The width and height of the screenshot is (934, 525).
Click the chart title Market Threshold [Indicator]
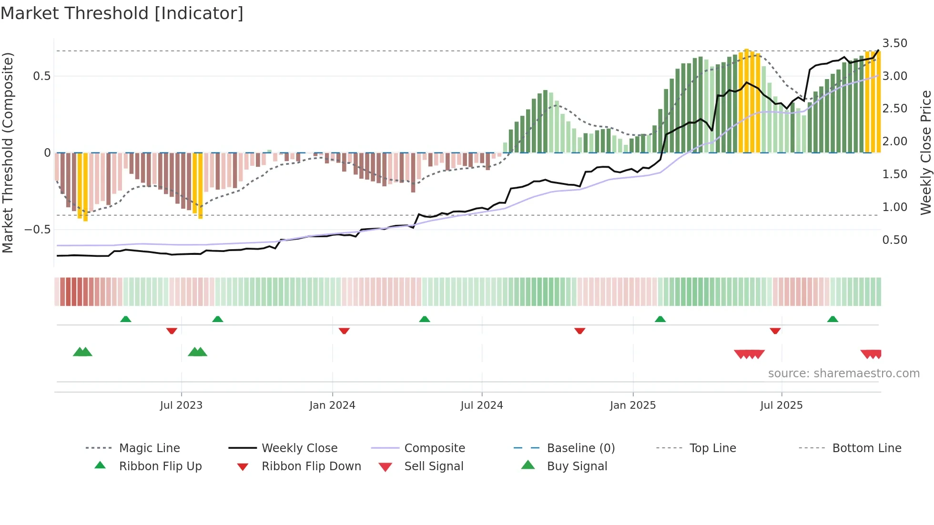[122, 13]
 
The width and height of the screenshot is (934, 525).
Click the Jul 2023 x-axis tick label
[181, 405]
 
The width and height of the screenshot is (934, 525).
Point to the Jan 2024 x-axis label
[332, 405]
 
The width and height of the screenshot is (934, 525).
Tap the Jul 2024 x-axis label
[481, 405]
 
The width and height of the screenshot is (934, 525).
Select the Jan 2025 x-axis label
[632, 405]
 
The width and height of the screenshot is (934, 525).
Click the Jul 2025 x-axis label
[781, 405]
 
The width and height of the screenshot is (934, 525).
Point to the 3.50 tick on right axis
[894, 43]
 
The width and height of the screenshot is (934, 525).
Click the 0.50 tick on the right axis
[894, 240]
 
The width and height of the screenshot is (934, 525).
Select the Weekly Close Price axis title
[925, 152]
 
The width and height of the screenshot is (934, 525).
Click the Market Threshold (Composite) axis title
[8, 152]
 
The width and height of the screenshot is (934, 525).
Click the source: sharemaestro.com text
[843, 374]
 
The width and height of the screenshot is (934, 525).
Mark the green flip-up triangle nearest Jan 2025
[660, 319]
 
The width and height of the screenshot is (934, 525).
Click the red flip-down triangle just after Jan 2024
[344, 331]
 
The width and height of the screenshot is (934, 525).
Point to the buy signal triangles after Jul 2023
[197, 352]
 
